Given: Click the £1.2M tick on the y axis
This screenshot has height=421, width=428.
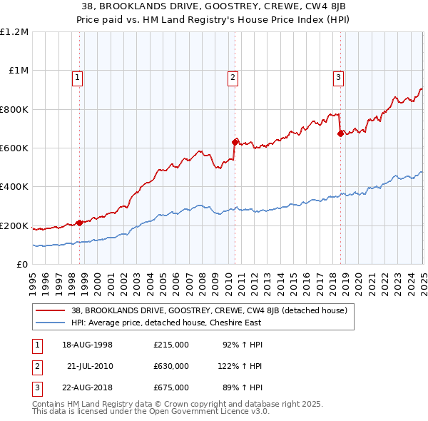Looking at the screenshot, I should [x=15, y=31].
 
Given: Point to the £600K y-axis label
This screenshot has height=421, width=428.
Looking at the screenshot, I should [x=14, y=148].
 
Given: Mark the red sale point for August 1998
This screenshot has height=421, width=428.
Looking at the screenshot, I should [x=80, y=223].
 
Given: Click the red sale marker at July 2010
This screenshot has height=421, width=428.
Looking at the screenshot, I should [x=235, y=141].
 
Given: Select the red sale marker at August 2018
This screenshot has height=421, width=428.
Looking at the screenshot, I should [x=340, y=133].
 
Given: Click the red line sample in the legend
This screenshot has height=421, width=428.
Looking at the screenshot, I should [x=51, y=310].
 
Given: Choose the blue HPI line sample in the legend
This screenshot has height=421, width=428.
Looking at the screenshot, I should [x=51, y=323].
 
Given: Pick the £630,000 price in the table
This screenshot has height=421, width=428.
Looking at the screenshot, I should [x=171, y=366].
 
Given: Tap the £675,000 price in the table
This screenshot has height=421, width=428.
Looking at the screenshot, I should [x=171, y=387].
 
